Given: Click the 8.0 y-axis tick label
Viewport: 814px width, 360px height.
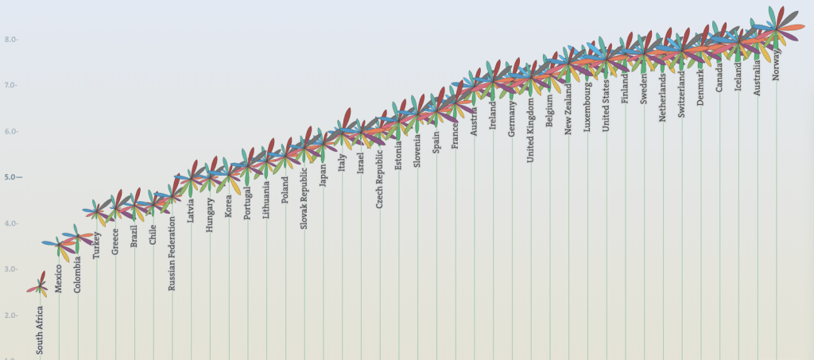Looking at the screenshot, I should pyautogui.click(x=11, y=39).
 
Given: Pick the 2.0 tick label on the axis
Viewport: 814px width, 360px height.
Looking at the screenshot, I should pyautogui.click(x=11, y=315).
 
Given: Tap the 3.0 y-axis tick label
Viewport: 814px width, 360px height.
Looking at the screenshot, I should pyautogui.click(x=11, y=269).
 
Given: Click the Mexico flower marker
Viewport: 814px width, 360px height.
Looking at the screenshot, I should pyautogui.click(x=59, y=246).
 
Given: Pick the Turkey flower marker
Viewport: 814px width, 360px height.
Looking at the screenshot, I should pyautogui.click(x=97, y=212).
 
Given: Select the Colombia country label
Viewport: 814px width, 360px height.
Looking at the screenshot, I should pyautogui.click(x=77, y=274).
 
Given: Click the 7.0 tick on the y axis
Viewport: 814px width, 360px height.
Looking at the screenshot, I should pyautogui.click(x=11, y=85).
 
